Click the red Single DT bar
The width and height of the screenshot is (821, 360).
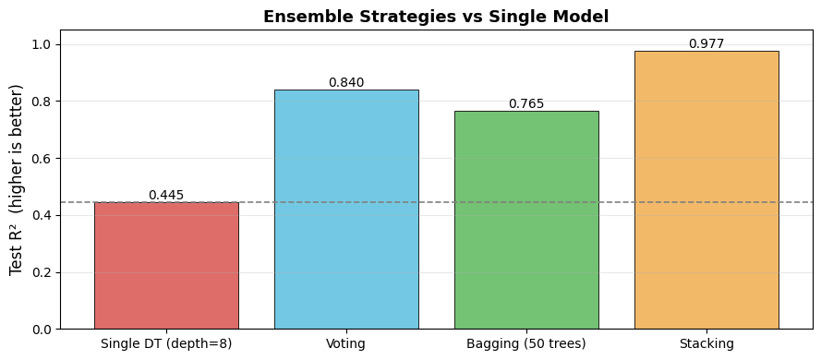point(166,265)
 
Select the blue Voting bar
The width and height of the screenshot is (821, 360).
point(346,210)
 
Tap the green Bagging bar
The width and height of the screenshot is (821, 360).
point(526,220)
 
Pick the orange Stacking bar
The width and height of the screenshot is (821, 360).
point(706,190)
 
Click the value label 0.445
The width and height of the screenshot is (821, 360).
point(166,195)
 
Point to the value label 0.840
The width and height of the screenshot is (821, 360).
point(346,83)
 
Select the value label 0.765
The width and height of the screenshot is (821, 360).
point(526,104)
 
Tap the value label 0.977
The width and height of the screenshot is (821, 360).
point(706,44)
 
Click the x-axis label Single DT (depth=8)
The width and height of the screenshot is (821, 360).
point(166,343)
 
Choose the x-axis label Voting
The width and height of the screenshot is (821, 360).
point(346,343)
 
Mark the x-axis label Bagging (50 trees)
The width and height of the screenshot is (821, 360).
point(526,343)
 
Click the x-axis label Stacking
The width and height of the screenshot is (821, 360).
point(706,343)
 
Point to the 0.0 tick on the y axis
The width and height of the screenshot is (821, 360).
point(45,330)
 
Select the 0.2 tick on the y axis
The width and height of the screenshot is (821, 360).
point(45,272)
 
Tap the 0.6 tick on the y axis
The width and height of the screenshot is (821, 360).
point(45,159)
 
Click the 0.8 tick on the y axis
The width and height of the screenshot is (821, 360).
point(45,102)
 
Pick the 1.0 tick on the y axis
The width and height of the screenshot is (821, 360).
point(45,44)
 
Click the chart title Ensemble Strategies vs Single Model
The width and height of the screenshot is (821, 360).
point(436,17)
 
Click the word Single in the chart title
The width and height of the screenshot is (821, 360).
point(512,17)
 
